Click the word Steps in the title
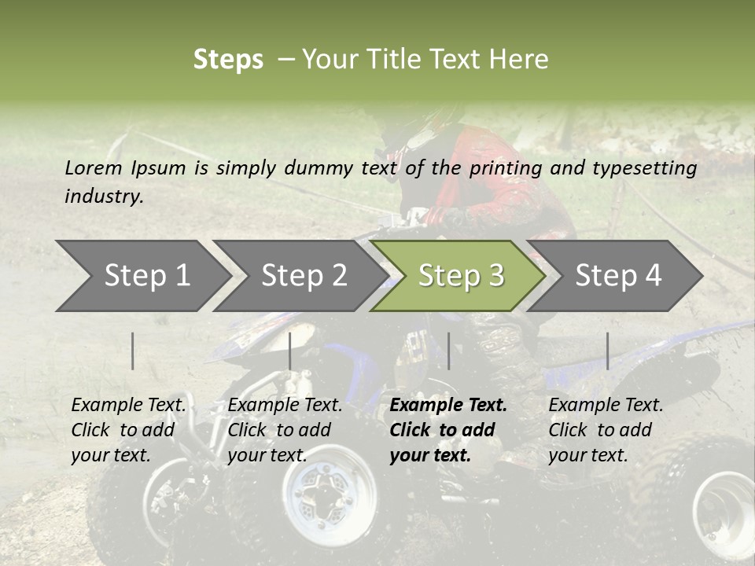click(x=228, y=60)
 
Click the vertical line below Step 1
click(x=133, y=351)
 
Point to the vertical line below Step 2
click(x=290, y=351)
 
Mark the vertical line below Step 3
click(x=448, y=351)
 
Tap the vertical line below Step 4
click(x=607, y=351)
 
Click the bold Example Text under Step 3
click(x=448, y=430)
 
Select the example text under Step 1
click(x=129, y=430)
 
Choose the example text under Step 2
click(x=285, y=430)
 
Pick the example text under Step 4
click(x=606, y=430)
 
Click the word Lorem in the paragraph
click(x=94, y=167)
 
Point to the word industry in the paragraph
click(x=103, y=197)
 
